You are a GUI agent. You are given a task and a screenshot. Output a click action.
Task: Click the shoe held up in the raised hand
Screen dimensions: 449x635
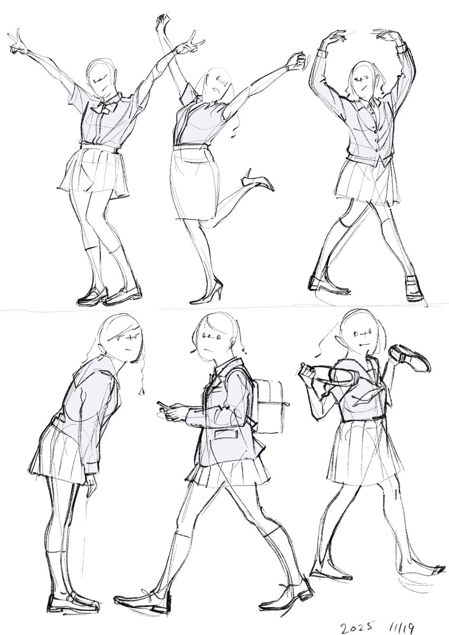(x=408, y=358)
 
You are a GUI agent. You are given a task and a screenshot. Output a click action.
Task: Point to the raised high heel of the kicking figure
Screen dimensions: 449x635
(x=258, y=181)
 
